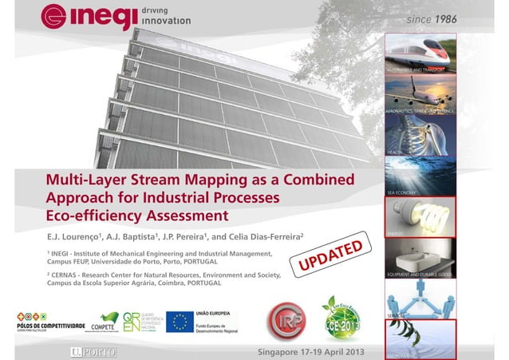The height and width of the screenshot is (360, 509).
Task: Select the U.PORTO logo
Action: [x=87, y=350]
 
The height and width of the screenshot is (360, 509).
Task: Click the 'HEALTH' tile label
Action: [x=396, y=150]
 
